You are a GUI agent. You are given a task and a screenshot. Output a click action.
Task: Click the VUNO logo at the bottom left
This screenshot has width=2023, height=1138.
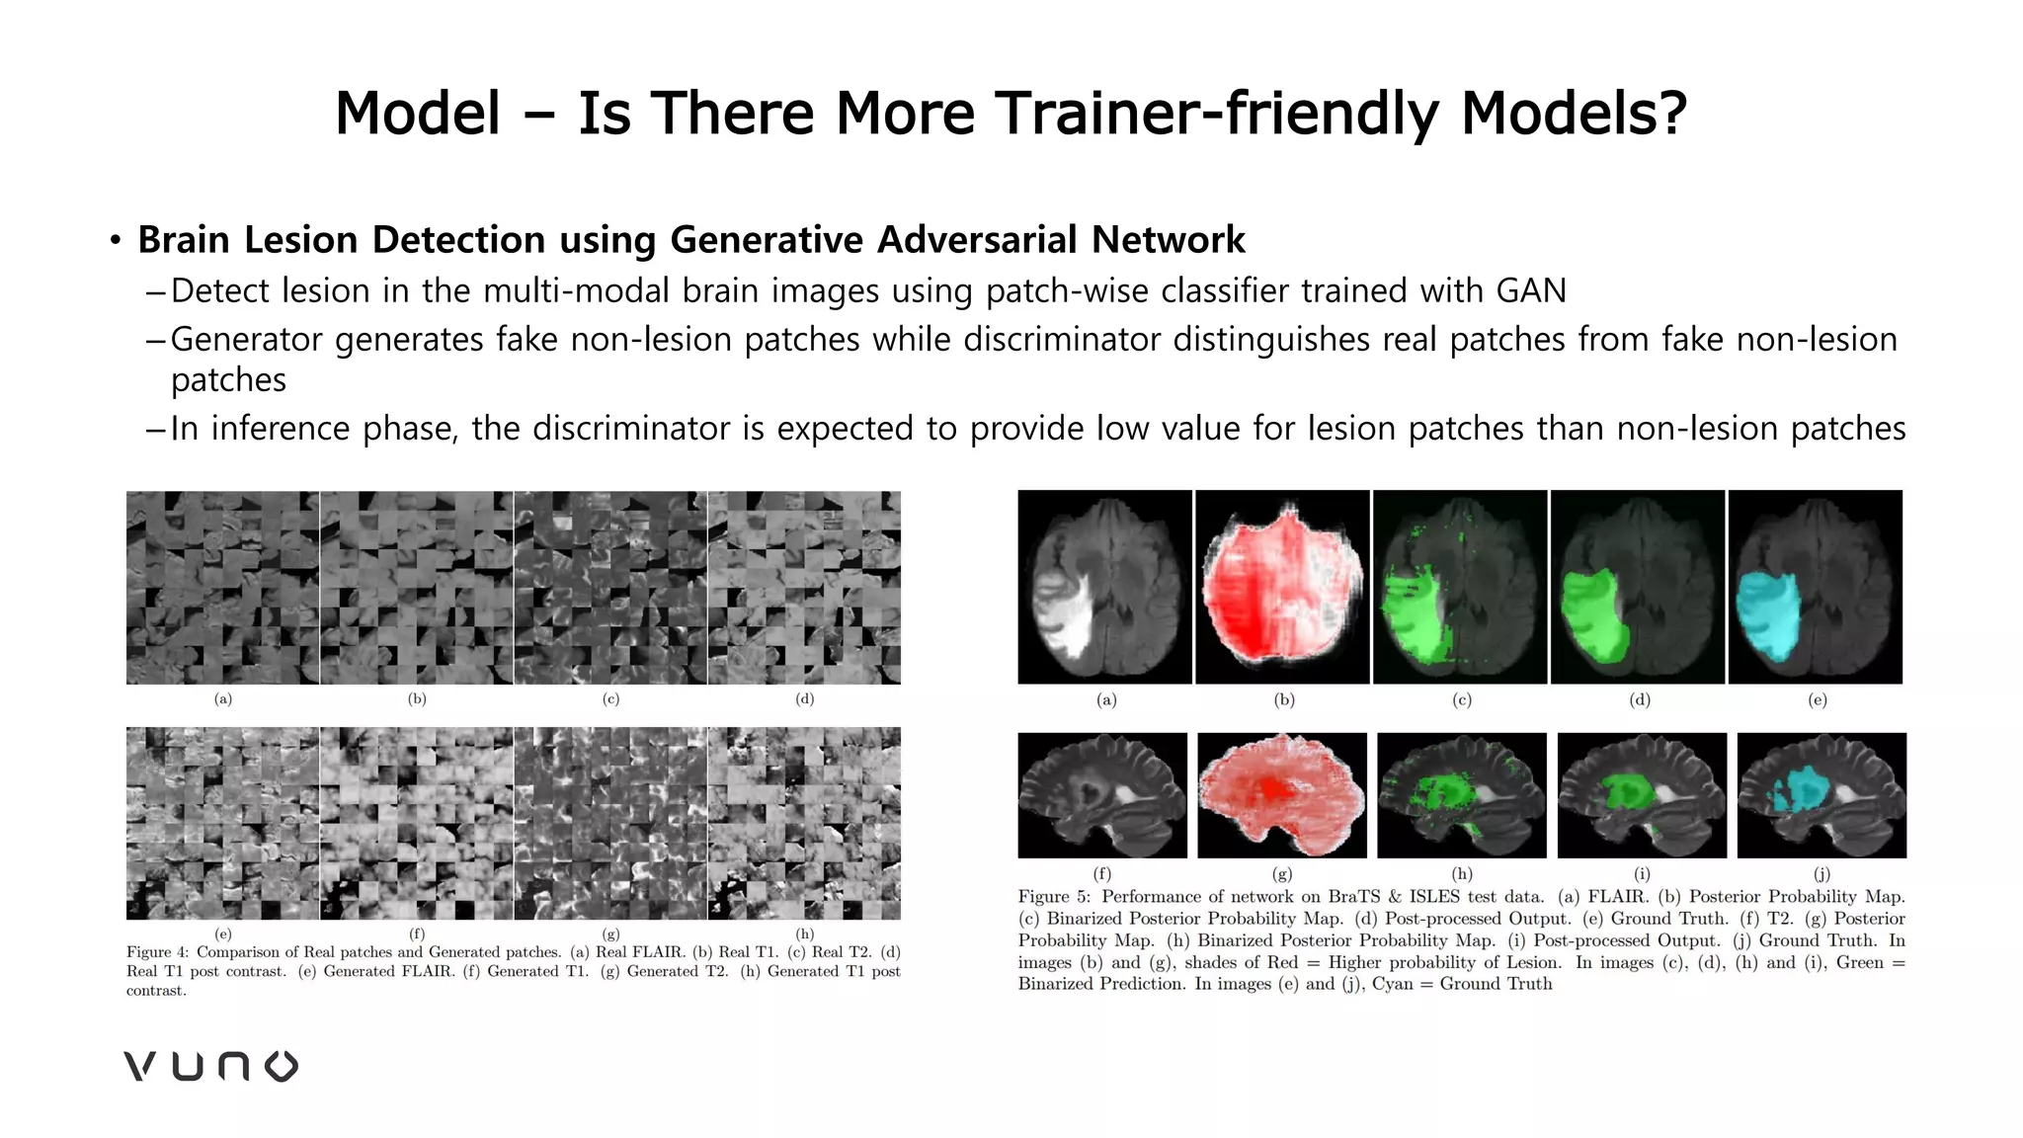tap(210, 1066)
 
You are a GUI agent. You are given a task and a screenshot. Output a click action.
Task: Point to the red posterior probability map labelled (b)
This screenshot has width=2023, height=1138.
tap(1282, 587)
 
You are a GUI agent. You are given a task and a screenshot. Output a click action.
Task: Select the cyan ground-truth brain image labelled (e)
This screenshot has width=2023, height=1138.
tap(1815, 587)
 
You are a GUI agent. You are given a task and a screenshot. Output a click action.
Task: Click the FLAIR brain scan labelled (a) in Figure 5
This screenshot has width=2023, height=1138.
tap(1104, 587)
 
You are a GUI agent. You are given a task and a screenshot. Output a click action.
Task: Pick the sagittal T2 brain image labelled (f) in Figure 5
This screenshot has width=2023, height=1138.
tap(1102, 795)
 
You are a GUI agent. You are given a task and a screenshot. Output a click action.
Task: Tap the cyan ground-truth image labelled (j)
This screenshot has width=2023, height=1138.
tap(1821, 795)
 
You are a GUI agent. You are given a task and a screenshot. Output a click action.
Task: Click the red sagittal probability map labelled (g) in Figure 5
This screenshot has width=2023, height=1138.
tap(1282, 795)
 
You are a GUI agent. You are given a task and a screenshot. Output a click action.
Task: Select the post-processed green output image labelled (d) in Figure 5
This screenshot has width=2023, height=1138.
tap(1638, 587)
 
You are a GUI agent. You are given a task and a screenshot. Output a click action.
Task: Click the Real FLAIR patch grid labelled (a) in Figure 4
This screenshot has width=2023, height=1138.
tap(222, 588)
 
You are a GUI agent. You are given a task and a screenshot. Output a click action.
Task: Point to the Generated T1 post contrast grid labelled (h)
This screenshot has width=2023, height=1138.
tap(804, 823)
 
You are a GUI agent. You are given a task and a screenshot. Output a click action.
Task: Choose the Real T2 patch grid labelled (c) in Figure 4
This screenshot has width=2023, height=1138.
tap(610, 588)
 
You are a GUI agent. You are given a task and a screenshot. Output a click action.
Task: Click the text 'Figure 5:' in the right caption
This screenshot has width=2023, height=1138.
tap(1053, 897)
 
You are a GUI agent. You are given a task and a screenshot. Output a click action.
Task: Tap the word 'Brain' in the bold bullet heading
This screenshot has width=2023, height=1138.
tap(189, 240)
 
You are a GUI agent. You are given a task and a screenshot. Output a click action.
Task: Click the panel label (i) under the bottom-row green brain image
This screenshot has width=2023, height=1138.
tap(1642, 874)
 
